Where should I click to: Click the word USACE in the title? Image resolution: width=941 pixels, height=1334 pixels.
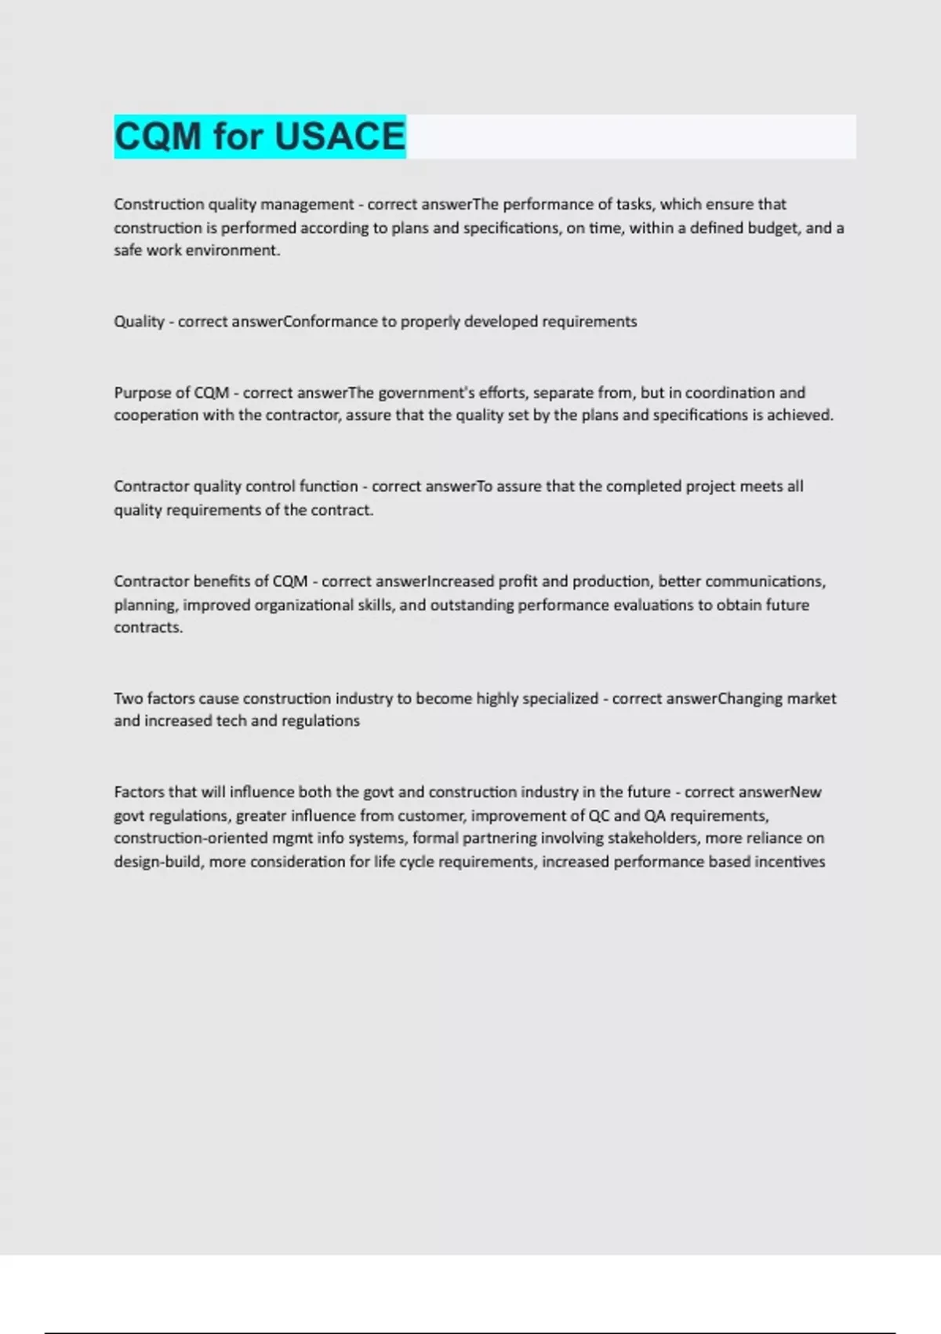click(340, 137)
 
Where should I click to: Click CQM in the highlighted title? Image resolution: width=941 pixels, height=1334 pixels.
click(158, 137)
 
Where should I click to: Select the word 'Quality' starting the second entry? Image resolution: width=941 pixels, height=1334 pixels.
click(139, 322)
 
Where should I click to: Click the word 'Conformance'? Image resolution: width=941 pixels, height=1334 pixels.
click(329, 322)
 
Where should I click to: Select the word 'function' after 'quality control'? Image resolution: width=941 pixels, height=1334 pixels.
click(329, 487)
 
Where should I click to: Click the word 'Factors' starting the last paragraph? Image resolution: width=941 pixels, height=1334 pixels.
click(140, 792)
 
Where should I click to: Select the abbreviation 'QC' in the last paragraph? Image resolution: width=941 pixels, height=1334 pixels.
click(599, 815)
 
